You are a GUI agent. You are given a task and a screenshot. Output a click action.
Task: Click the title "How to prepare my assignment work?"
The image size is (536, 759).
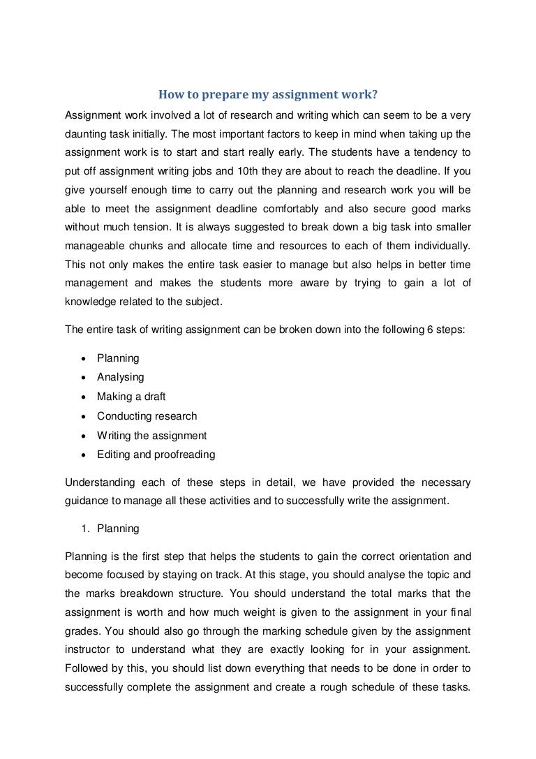pos(268,95)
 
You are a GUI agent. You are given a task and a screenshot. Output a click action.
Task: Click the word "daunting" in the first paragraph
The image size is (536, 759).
pos(85,132)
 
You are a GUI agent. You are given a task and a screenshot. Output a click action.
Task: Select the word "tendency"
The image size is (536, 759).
pos(434,151)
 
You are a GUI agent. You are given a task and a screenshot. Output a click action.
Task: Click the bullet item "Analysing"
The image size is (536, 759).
pos(120,377)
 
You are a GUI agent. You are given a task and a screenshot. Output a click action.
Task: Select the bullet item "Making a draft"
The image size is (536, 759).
pos(131,397)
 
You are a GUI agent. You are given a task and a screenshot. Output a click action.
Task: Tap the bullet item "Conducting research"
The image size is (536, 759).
pos(147,416)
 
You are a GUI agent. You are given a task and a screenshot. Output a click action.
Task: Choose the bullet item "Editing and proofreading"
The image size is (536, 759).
pos(156,455)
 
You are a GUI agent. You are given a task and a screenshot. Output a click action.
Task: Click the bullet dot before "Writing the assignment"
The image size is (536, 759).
pos(84,436)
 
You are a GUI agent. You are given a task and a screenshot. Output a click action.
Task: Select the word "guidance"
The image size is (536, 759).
pos(85,501)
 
